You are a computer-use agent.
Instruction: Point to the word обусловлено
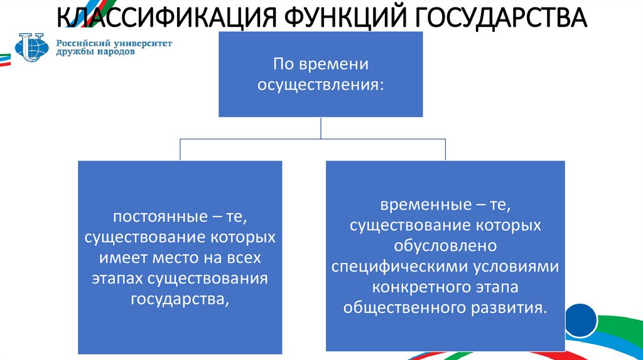pos(445,246)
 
